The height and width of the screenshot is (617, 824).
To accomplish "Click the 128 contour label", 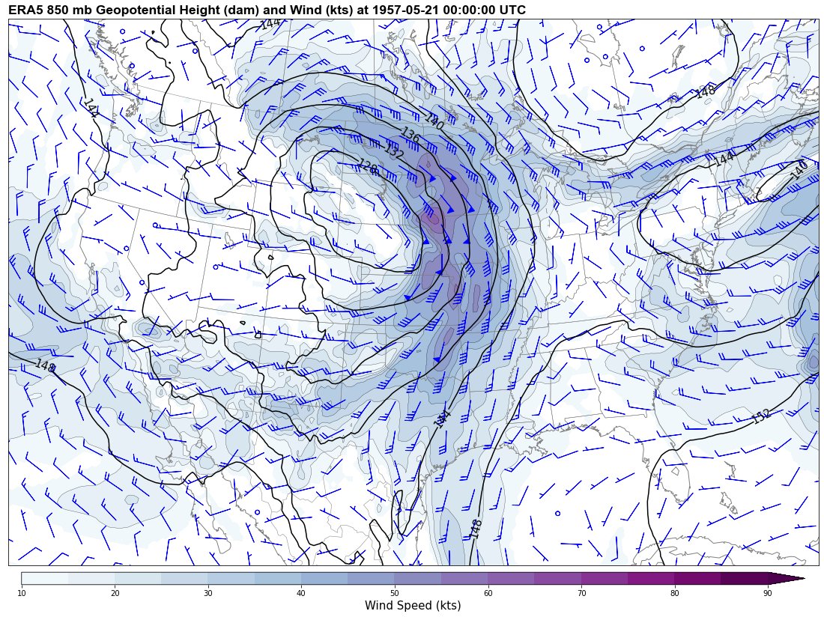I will pos(368,168).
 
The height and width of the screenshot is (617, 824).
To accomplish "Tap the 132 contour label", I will pos(393,151).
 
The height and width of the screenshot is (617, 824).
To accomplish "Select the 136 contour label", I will pos(410,136).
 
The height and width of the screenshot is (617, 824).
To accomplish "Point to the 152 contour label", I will pos(761,416).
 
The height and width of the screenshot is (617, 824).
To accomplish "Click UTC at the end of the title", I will pos(512,10).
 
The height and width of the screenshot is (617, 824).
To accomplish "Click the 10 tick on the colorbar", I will pos(22,593).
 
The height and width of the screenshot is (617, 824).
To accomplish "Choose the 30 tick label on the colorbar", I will pos(208,593).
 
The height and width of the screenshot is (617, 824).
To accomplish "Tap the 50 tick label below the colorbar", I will pos(395,593).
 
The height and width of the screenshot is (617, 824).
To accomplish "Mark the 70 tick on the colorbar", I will pos(581,593).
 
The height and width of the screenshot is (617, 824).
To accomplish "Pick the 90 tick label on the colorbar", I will pos(768,593).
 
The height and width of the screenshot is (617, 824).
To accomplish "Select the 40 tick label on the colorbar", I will pos(301,593).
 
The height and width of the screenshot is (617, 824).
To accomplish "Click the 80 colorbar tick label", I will pos(674,593).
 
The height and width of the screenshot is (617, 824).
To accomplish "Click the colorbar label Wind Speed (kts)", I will pos(413,605).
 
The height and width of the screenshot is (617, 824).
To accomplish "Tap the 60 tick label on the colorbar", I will pos(488,593).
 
